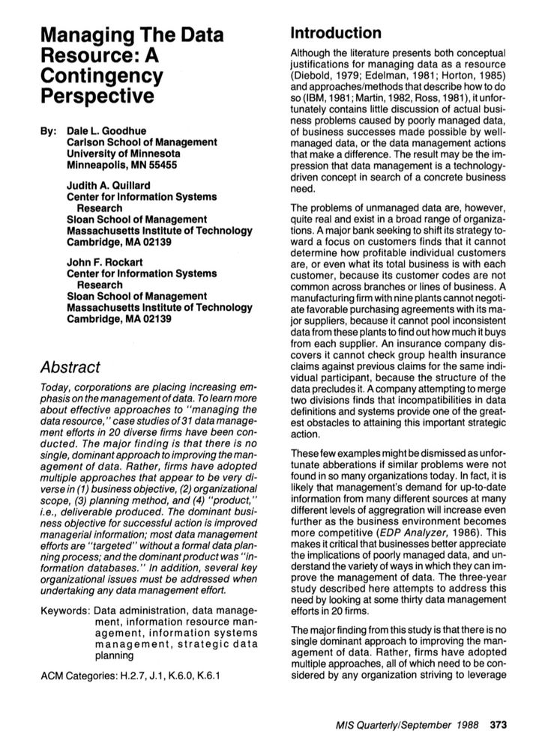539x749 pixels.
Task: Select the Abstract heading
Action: pos(72,367)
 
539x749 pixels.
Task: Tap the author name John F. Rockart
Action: pos(107,263)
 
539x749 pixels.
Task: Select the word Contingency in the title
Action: pos(102,76)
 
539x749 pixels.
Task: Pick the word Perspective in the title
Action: pos(97,97)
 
